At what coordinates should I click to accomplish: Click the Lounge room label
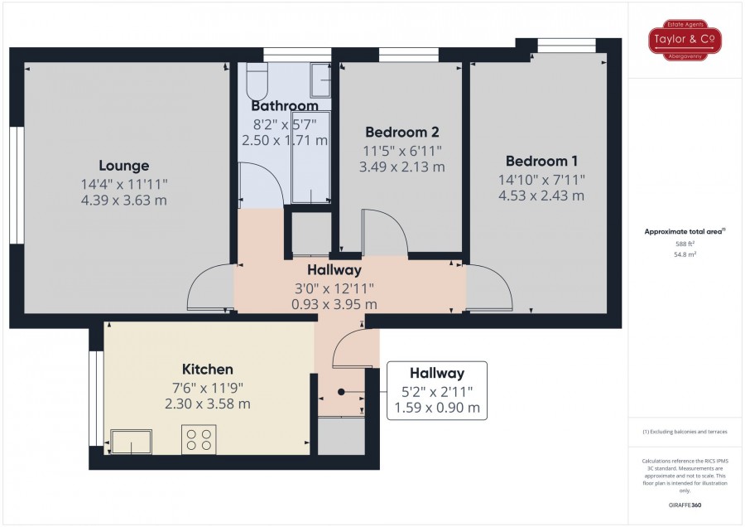(124, 166)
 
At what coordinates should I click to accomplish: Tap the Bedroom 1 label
(541, 162)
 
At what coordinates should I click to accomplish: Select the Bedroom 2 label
(402, 132)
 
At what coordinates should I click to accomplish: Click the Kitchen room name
(208, 369)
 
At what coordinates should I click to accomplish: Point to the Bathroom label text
(285, 105)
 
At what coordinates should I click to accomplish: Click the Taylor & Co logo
(685, 40)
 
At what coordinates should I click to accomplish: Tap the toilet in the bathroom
(257, 81)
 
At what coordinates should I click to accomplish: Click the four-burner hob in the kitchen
(199, 439)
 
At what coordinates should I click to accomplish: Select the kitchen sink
(131, 442)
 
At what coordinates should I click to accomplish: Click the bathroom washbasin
(320, 80)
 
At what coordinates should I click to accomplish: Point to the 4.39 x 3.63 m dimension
(124, 201)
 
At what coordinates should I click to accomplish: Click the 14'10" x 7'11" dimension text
(541, 180)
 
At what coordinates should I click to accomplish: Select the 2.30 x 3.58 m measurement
(208, 404)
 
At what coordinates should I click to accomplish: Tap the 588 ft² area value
(685, 244)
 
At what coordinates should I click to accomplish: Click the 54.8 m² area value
(685, 254)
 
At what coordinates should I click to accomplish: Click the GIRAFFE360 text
(685, 505)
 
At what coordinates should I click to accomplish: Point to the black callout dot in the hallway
(341, 392)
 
